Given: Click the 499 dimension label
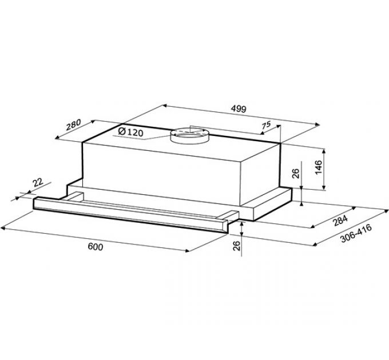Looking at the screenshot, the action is tap(239, 109).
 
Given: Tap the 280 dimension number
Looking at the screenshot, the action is tap(74, 125).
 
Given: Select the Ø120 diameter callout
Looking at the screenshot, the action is tap(131, 132).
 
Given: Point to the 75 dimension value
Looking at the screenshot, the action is tap(265, 125).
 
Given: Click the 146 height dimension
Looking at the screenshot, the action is tap(318, 167).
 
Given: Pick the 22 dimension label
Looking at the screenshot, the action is tap(37, 183).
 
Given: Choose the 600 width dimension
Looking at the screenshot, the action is tap(96, 247).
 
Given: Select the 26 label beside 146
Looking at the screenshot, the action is tap(296, 174).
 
